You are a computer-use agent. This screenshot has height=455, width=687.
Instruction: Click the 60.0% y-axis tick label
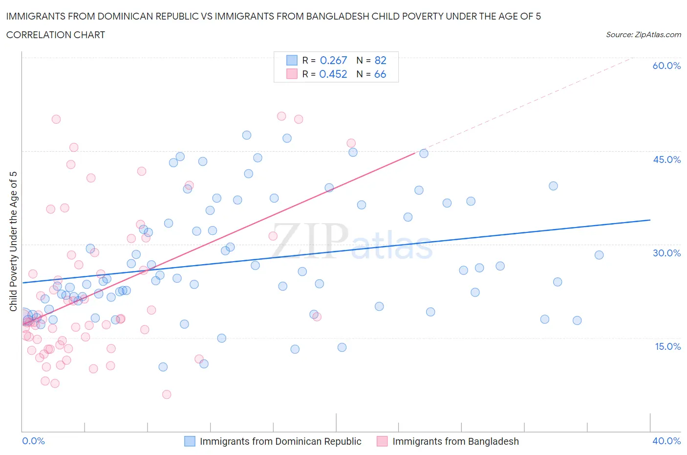[x=666, y=66]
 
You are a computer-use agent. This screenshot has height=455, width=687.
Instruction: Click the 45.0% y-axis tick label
[x=666, y=159]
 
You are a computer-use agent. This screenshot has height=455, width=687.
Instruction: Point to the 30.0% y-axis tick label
[x=666, y=253]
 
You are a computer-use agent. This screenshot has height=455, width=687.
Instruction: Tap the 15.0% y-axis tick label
[x=666, y=346]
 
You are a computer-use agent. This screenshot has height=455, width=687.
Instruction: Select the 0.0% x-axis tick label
[x=33, y=441]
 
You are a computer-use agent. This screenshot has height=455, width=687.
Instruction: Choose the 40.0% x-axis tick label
[x=666, y=441]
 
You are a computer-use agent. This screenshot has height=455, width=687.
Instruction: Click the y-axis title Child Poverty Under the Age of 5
[x=13, y=241]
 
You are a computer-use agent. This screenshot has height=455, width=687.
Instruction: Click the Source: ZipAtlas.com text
[x=643, y=34]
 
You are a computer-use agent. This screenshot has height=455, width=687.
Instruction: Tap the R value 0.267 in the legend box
[x=333, y=60]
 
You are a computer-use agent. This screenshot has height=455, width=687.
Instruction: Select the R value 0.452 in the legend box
[x=333, y=74]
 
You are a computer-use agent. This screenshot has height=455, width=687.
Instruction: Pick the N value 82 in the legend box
[x=380, y=60]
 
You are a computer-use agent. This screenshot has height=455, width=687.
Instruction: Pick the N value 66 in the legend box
[x=380, y=74]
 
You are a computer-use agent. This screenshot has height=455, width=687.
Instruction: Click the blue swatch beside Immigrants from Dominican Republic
[x=190, y=441]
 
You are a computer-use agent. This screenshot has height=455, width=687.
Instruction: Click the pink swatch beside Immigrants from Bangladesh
[x=382, y=441]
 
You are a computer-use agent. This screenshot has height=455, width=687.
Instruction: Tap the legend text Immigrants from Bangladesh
[x=455, y=441]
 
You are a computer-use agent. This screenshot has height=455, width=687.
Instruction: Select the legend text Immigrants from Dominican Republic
[x=280, y=441]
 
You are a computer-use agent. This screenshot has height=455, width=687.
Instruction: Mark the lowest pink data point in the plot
[x=167, y=394]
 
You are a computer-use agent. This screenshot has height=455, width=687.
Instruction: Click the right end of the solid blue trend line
[x=650, y=220]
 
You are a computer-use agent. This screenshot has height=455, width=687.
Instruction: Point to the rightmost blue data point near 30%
[x=599, y=255]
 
